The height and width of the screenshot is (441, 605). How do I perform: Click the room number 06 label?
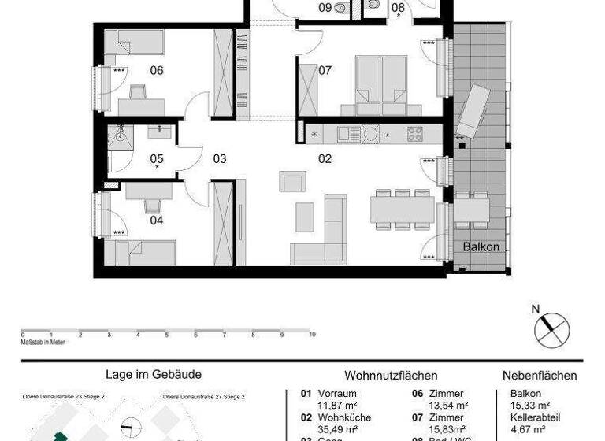point(157,71)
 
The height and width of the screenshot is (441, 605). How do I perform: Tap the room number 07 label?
point(325,70)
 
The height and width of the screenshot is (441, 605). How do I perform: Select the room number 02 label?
point(325,158)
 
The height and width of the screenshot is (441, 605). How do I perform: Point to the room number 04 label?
point(157,220)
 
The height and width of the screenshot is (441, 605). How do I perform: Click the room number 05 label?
point(157,158)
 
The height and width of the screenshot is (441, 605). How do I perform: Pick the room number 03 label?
point(220,158)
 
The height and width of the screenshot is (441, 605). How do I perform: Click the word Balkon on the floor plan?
point(481,246)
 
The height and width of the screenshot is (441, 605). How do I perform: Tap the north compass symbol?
point(551,328)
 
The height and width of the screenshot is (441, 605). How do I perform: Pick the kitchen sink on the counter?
point(349,134)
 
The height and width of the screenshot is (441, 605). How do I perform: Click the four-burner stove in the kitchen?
point(415,134)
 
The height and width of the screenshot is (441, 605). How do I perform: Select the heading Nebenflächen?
point(540,376)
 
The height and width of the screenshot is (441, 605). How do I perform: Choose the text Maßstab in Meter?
point(43,342)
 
